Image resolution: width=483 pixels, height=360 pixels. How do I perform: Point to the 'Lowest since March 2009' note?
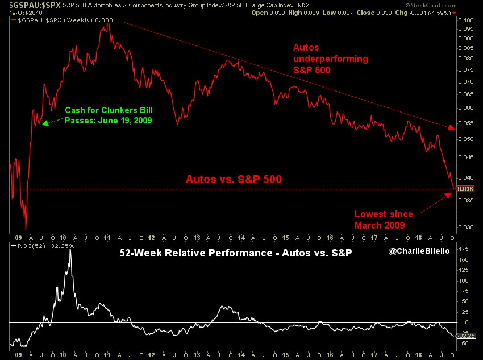(384, 220)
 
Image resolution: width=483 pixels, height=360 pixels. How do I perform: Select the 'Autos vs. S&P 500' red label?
(234, 179)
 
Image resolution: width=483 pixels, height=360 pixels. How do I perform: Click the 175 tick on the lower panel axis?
(464, 249)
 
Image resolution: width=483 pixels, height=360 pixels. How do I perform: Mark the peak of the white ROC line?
(70, 250)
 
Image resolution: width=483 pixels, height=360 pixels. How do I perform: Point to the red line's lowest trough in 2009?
(26, 229)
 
